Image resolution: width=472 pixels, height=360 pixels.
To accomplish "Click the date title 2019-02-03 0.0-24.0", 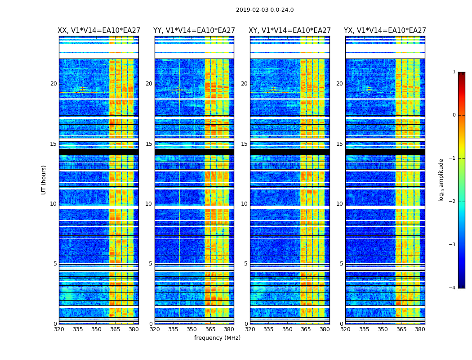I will click(265, 10).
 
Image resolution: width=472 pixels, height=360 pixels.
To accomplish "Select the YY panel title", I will click(194, 31).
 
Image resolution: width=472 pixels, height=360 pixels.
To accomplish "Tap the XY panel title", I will click(289, 31).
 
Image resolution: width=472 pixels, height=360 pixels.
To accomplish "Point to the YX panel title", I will click(385, 31).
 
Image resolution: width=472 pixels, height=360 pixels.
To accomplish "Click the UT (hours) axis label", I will click(44, 180).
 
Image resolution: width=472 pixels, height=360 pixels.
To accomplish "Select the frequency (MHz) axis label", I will click(217, 338).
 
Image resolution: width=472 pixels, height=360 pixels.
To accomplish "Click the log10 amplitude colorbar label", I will click(441, 180).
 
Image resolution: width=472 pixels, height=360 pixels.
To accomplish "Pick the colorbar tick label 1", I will click(454, 72).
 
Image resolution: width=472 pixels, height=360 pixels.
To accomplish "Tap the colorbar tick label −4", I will click(453, 288).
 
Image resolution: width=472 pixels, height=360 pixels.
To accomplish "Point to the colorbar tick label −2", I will click(453, 202).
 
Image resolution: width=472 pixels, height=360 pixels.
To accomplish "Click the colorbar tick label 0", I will click(454, 115).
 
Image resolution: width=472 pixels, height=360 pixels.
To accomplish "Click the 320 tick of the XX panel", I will click(59, 329).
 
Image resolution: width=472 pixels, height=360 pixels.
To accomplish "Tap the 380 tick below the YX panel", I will click(420, 329).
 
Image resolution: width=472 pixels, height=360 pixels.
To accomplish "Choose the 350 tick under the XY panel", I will click(287, 329).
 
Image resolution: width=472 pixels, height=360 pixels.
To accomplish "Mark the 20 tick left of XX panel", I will click(53, 84).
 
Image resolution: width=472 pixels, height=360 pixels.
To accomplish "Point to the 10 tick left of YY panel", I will click(148, 204).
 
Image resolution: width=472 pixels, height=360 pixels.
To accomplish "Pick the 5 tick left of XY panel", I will click(245, 264).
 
